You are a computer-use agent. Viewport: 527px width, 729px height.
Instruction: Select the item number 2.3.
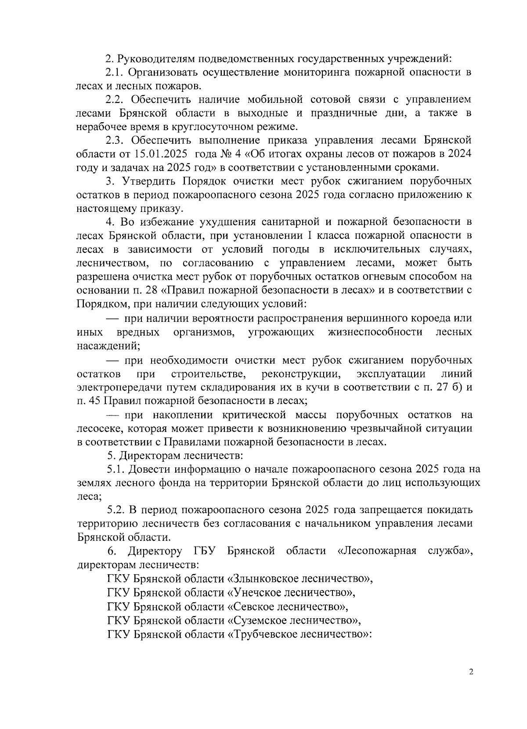coord(116,140)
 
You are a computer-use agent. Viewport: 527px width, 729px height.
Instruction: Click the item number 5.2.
coord(116,510)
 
